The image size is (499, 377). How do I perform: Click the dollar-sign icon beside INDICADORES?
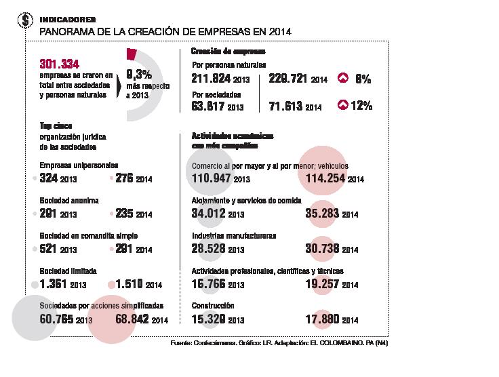pyautogui.click(x=26, y=21)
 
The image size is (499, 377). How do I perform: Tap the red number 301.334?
pyautogui.click(x=60, y=64)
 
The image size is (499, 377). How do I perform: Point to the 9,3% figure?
pyautogui.click(x=140, y=75)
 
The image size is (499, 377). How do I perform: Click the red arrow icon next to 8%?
pyautogui.click(x=343, y=79)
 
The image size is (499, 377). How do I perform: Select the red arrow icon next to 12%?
pyautogui.click(x=343, y=105)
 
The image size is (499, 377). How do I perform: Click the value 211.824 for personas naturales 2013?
pyautogui.click(x=209, y=79)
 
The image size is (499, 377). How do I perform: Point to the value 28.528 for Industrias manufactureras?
pyautogui.click(x=209, y=250)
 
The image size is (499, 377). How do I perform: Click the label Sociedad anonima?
pyautogui.click(x=69, y=201)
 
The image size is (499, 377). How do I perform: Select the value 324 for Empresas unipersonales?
pyautogui.click(x=49, y=179)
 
